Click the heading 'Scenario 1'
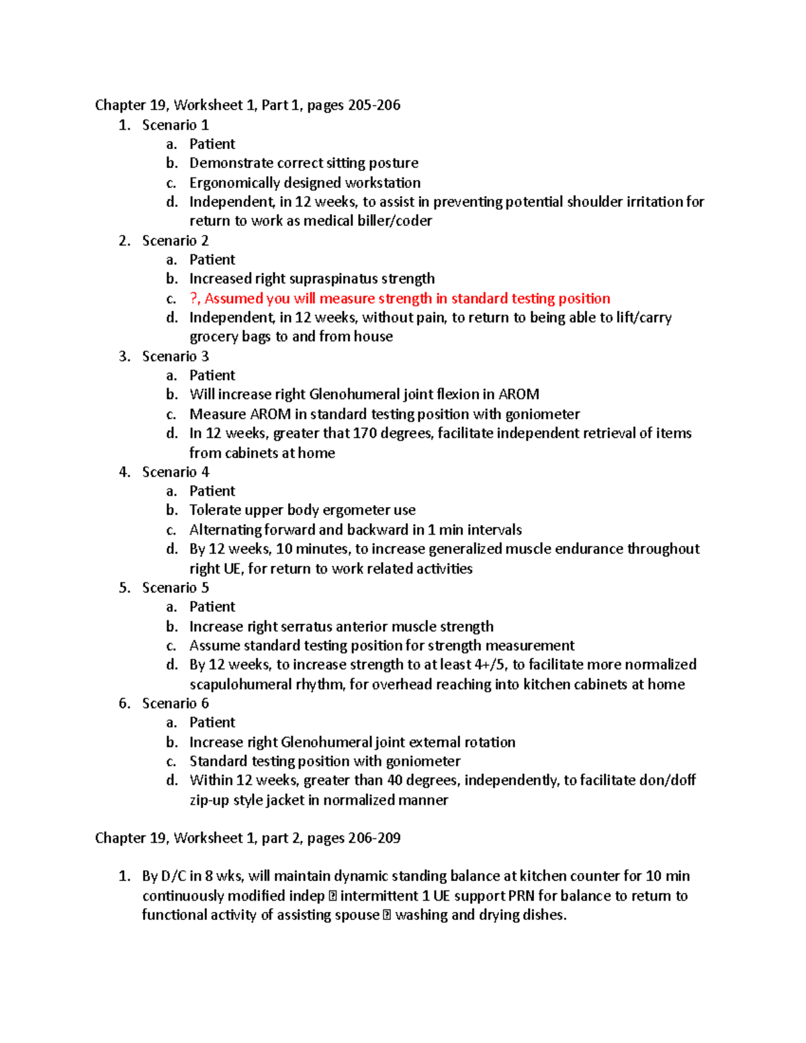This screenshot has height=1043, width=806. [x=175, y=125]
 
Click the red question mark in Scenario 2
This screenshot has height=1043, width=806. [x=194, y=298]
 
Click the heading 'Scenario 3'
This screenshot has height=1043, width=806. [x=175, y=357]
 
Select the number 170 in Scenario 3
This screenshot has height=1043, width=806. [x=365, y=433]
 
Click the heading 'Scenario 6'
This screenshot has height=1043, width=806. [x=175, y=703]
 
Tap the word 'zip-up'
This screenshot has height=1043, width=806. [x=209, y=801]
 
